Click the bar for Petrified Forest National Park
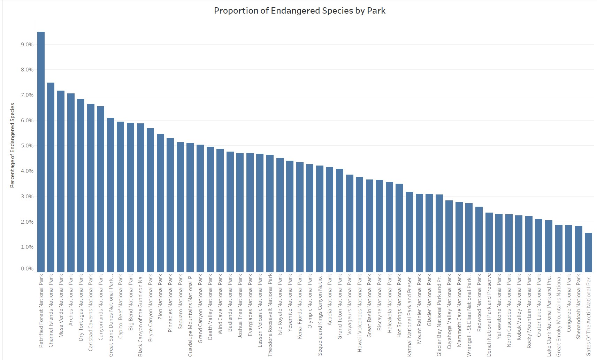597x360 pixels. click(41, 152)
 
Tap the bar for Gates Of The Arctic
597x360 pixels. click(588, 252)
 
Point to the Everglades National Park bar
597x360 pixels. click(250, 212)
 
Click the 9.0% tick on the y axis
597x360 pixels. click(27, 45)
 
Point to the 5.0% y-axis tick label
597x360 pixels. click(27, 146)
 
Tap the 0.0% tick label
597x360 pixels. click(27, 269)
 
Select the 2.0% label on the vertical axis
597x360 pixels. click(27, 222)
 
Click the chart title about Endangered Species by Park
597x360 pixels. click(299, 11)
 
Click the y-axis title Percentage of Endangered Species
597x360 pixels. click(13, 145)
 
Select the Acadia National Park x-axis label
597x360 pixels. click(330, 300)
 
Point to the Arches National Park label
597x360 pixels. click(71, 300)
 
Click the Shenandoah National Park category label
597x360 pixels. click(579, 306)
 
